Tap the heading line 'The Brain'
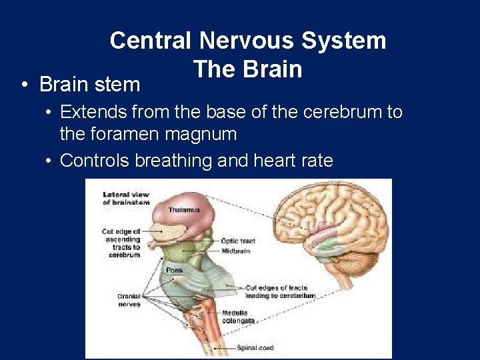247,69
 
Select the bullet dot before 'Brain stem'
23,85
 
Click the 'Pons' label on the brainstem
175,271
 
